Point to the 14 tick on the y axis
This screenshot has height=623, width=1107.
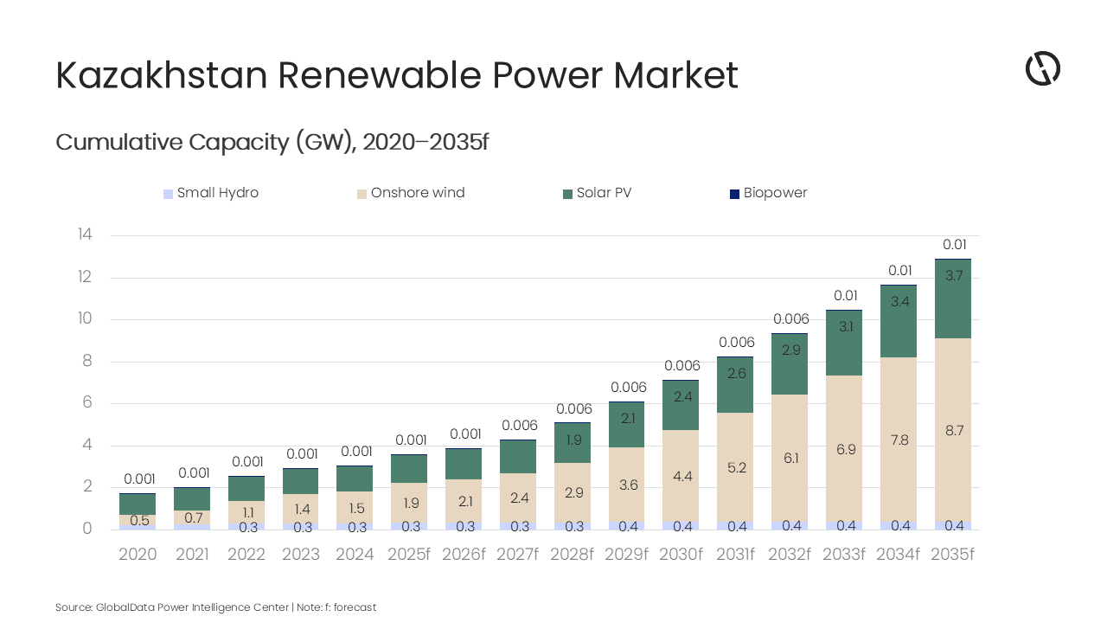coord(85,234)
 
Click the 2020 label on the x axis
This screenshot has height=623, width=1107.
coord(138,555)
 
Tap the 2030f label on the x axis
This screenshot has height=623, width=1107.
coord(681,555)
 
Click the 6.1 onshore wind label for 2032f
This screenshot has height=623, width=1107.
coord(790,458)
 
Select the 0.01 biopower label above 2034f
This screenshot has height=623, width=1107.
coord(899,271)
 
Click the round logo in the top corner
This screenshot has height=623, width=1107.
coord(1043,68)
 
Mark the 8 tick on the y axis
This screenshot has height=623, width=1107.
coord(86,361)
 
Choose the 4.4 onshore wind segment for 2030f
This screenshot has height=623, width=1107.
coord(681,476)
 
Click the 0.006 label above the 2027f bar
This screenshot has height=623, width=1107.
coord(518,425)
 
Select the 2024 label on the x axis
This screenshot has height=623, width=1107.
coord(355,555)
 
